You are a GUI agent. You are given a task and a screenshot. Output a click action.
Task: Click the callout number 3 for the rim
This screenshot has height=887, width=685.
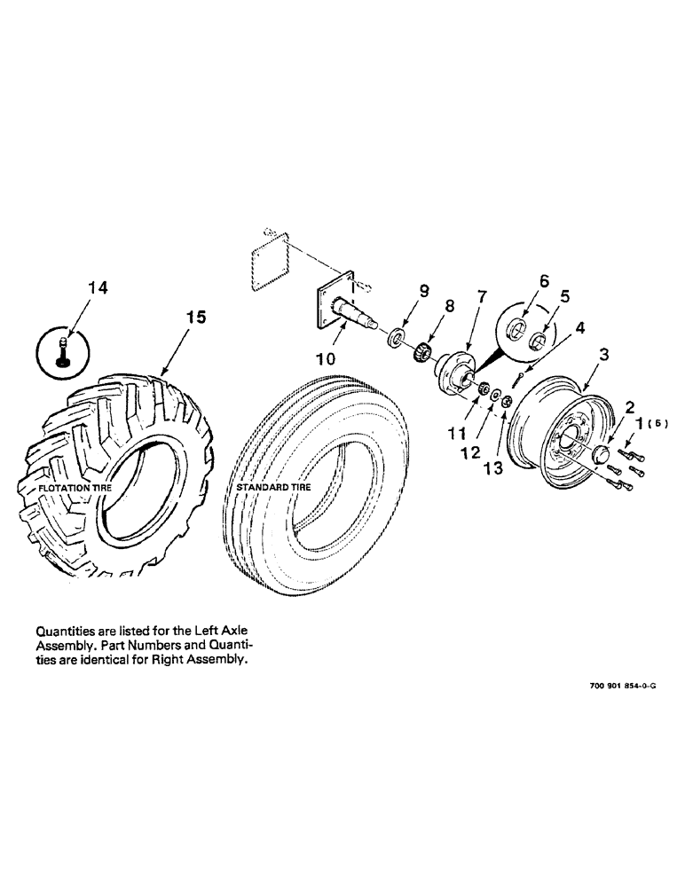pyautogui.click(x=602, y=355)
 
